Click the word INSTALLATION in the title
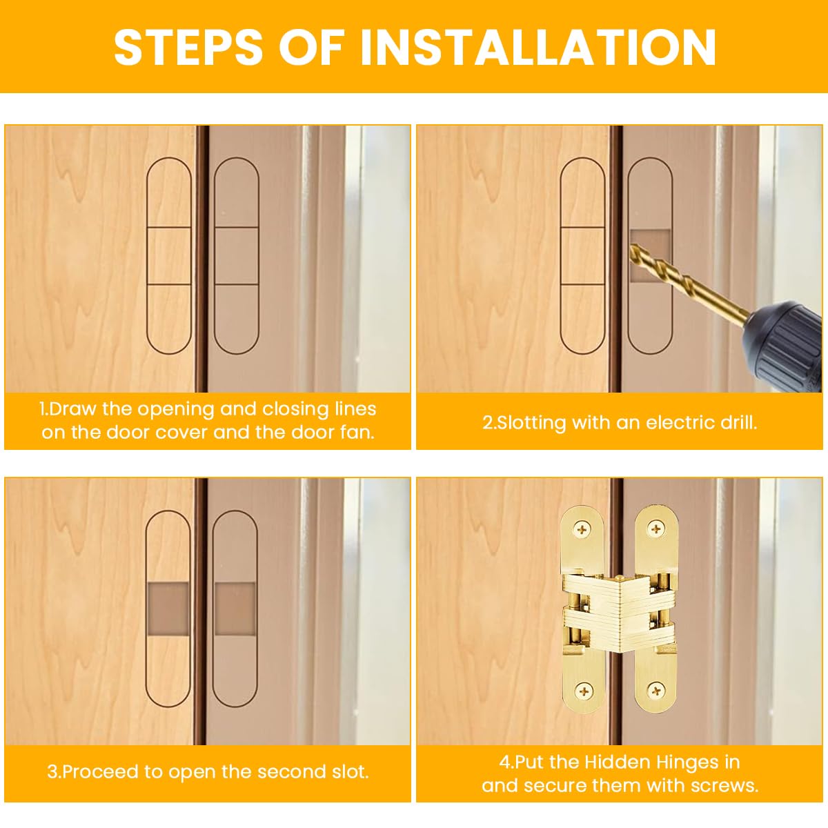[x=538, y=47]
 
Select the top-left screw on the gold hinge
[x=584, y=530]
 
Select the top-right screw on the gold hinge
[x=655, y=530]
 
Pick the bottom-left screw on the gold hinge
[x=584, y=689]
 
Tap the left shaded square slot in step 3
[x=168, y=609]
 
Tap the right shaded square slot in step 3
[x=235, y=609]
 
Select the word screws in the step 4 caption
[x=727, y=785]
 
